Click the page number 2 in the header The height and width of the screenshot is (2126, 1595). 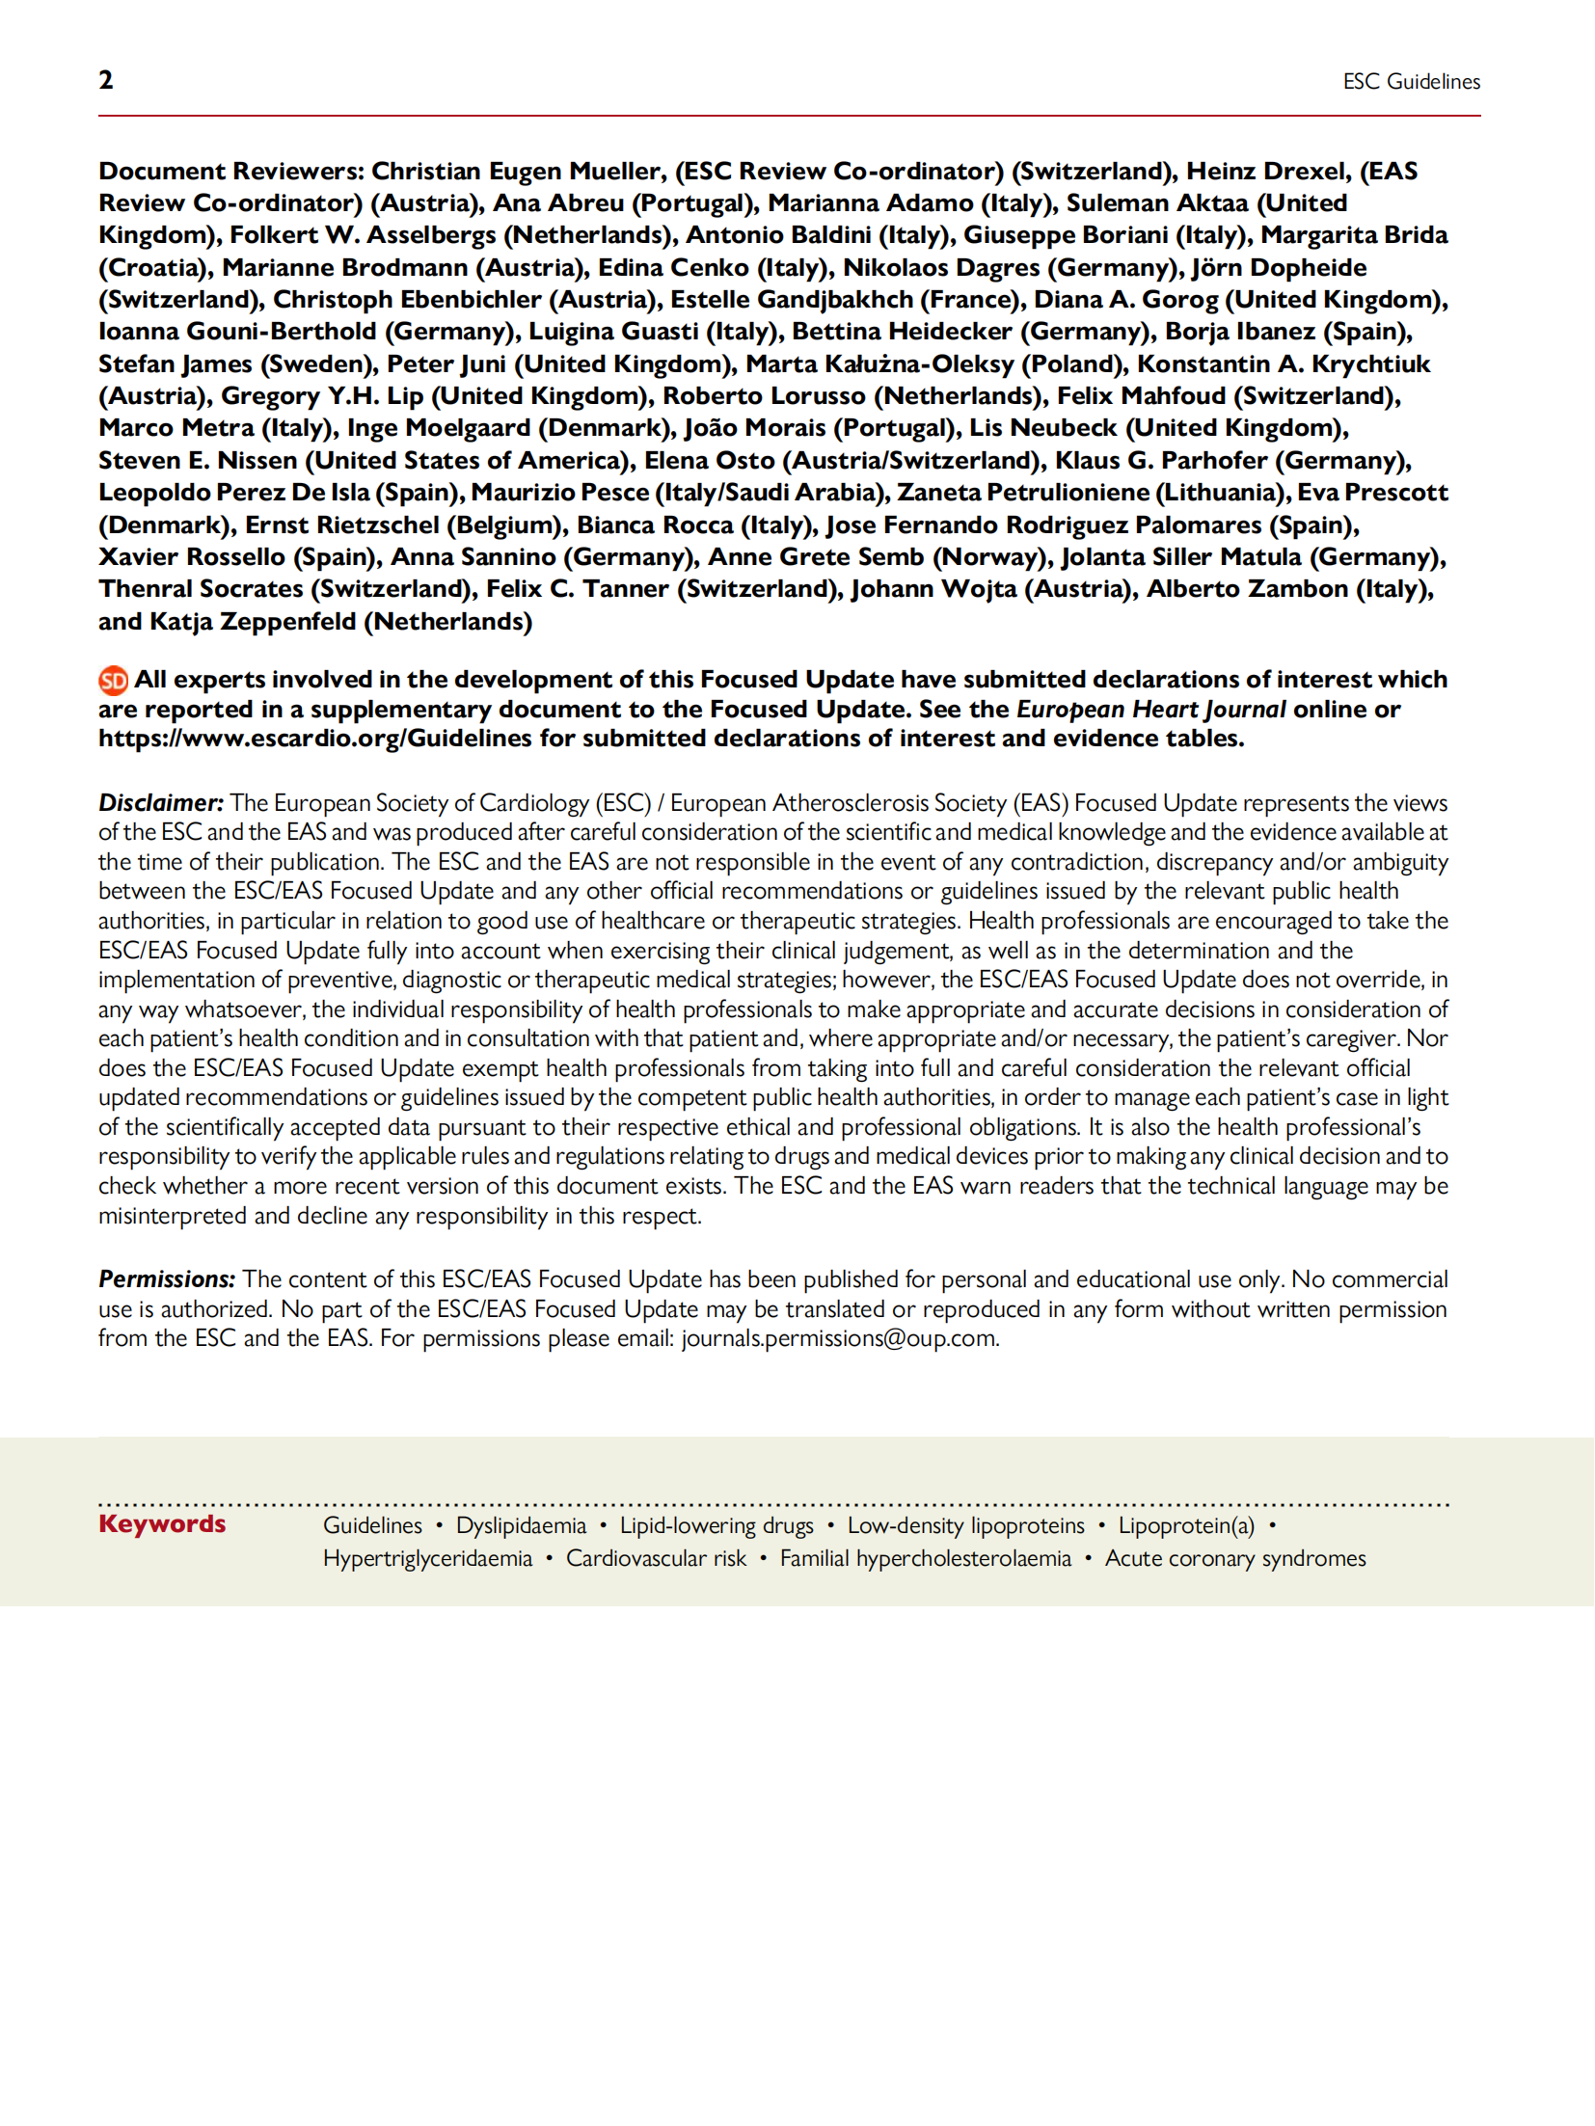tap(106, 80)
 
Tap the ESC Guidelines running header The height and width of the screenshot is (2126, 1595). tap(1411, 82)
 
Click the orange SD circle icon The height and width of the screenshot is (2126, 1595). tap(114, 681)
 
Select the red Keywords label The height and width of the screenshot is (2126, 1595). tap(162, 1524)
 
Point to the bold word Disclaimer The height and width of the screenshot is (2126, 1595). tap(161, 803)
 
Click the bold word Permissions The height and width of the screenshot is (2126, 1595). tap(167, 1279)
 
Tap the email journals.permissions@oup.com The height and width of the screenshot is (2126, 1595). tap(839, 1339)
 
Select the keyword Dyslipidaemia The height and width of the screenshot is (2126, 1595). tap(521, 1525)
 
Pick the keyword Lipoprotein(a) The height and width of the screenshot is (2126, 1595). tap(1186, 1525)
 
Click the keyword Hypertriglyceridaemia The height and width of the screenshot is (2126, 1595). tap(427, 1559)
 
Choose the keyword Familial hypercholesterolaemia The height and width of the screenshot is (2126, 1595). tap(925, 1559)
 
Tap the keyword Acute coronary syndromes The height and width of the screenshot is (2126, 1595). tap(1235, 1559)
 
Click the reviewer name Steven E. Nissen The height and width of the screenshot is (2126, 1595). tap(198, 461)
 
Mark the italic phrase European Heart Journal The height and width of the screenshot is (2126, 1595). tap(1150, 710)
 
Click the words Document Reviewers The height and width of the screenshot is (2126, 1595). tap(230, 172)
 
